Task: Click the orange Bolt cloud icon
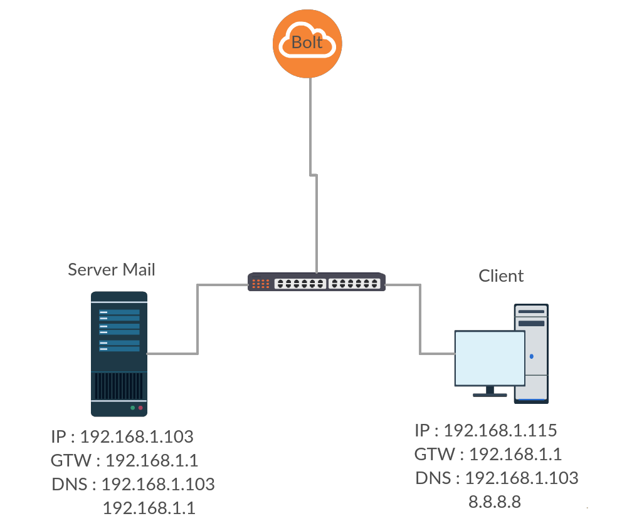pyautogui.click(x=307, y=44)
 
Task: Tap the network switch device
pyautogui.click(x=317, y=282)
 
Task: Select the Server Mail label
pyautogui.click(x=112, y=270)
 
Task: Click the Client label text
pyautogui.click(x=501, y=276)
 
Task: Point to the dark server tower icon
pyautogui.click(x=119, y=354)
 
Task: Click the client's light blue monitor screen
pyautogui.click(x=490, y=358)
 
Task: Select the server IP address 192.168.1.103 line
pyautogui.click(x=122, y=436)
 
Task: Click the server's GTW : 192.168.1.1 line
pyautogui.click(x=124, y=460)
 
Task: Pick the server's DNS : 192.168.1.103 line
pyautogui.click(x=133, y=484)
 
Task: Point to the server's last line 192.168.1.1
pyautogui.click(x=149, y=508)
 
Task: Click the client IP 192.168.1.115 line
pyautogui.click(x=485, y=430)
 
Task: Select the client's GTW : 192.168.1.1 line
pyautogui.click(x=488, y=455)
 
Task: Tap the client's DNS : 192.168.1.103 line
pyautogui.click(x=497, y=478)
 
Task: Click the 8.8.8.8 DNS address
pyautogui.click(x=495, y=502)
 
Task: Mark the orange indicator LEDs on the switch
pyautogui.click(x=260, y=284)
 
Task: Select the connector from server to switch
pyautogui.click(x=198, y=319)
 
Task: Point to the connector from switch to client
pyautogui.click(x=420, y=319)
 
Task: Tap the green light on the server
pyautogui.click(x=132, y=408)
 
